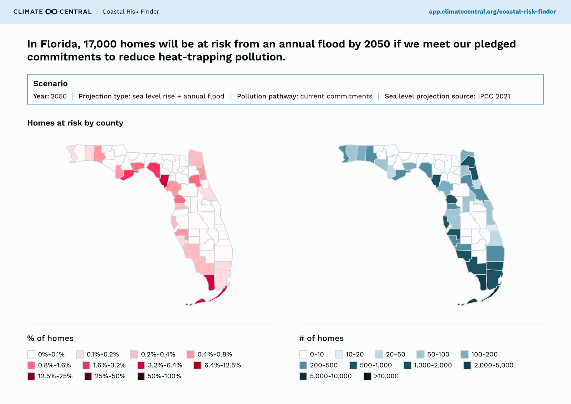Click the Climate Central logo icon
51,11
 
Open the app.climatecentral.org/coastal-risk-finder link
492,11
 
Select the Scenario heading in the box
50,84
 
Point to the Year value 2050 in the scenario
59,96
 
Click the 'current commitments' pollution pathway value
336,96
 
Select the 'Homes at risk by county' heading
75,123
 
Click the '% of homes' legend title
50,338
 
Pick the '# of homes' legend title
321,338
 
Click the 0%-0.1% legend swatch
31,354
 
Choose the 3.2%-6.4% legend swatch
141,365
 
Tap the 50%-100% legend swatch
141,376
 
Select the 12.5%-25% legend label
55,376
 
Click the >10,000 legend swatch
367,376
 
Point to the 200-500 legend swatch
303,365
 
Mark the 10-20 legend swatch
339,354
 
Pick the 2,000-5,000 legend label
494,365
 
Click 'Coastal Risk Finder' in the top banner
131,11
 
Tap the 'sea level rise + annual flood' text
178,96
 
